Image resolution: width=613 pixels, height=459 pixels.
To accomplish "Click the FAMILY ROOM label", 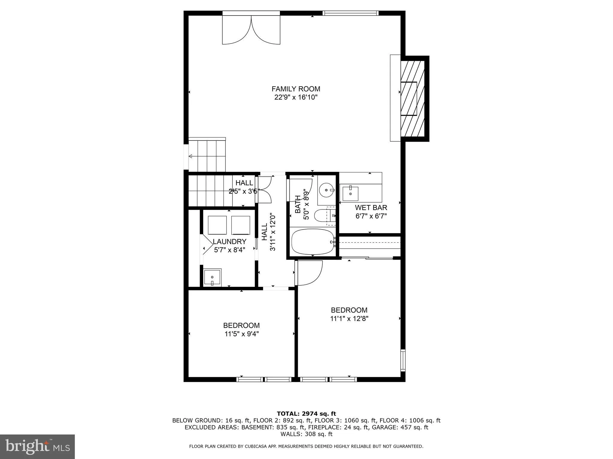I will tap(296, 89).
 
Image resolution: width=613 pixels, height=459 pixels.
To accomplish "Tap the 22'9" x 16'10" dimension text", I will tap(296, 97).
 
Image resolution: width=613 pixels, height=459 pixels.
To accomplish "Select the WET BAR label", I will tap(371, 208).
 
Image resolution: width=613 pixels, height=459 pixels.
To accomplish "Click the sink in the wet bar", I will tap(350, 194).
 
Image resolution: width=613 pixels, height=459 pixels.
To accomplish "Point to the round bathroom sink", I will tap(326, 190).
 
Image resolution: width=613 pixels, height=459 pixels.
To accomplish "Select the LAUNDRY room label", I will tap(230, 241).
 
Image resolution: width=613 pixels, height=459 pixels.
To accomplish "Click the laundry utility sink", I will tap(212, 277).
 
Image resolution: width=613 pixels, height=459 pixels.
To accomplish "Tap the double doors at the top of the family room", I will tap(251, 30).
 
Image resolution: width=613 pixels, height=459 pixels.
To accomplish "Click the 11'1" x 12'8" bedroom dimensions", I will tap(349, 319).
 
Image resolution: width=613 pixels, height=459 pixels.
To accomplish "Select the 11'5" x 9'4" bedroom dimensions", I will tap(242, 334).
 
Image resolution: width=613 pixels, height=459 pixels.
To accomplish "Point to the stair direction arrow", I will tap(191, 156).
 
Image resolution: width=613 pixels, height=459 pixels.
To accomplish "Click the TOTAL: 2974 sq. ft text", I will tap(306, 414).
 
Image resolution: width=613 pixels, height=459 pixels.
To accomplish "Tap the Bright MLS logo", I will tap(37, 447).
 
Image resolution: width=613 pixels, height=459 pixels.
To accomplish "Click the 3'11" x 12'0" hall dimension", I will tap(273, 232).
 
